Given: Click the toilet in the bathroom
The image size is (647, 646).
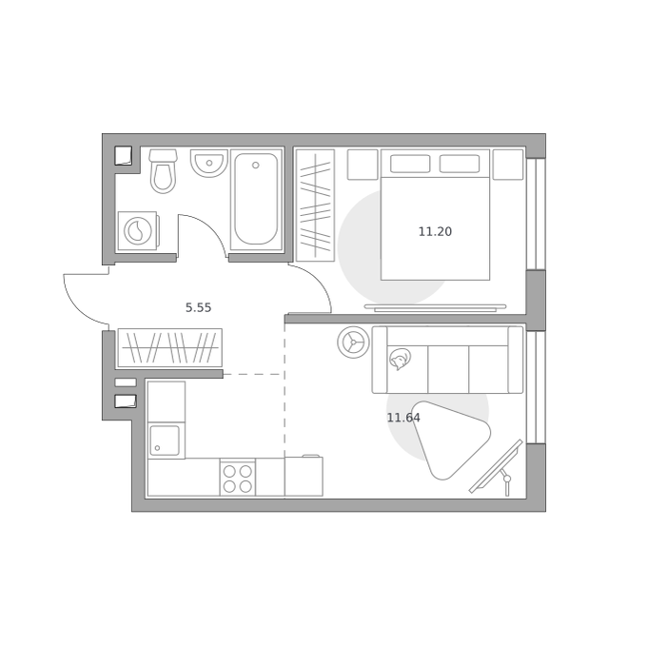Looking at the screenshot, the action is pos(164,171).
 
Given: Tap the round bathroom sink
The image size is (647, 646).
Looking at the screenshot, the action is pos(209,163).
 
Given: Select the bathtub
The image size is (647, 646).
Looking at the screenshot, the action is pos(256,199).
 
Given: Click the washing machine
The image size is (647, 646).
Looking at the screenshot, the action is pos(138,230).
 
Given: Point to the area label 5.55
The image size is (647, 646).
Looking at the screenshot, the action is pos(199,307).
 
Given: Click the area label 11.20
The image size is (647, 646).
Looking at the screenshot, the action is pos(436,232).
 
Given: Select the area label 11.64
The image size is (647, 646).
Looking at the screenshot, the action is pos(403,418).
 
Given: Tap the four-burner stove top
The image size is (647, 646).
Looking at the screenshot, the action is pos(237,479).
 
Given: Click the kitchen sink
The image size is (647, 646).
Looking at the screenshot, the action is pos(165,440).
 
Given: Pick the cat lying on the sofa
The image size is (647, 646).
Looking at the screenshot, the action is pos(400,359).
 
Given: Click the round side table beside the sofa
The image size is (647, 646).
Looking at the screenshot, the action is pos(354,342).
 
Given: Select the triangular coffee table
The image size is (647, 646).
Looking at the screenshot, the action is pos(451,440).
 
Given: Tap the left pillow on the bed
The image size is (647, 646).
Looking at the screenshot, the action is pos(410,164).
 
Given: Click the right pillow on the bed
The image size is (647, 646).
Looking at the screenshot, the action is pos(460,164).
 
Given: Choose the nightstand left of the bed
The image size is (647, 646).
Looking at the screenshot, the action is pos(363,165).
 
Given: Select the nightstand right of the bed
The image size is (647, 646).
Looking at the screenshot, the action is pos(508,165).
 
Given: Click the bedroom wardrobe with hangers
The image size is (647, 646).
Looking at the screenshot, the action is pos(315,206).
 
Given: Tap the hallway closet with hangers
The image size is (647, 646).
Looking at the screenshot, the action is pos(170,348).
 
